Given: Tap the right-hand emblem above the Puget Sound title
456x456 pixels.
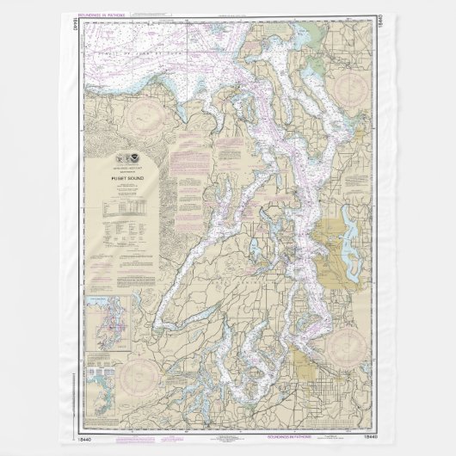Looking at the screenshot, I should pyautogui.click(x=131, y=160).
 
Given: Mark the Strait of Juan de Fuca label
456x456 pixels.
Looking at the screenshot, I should pyautogui.click(x=172, y=57).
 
